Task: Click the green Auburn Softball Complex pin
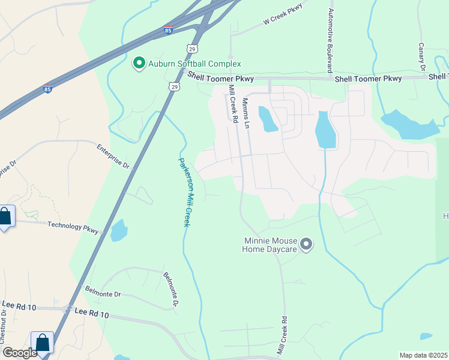(139, 63)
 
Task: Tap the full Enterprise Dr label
(113, 155)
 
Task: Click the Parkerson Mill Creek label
(184, 191)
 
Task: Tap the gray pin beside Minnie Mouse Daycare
(306, 244)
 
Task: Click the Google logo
(20, 353)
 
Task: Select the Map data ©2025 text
(423, 355)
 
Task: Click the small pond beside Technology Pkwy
(119, 230)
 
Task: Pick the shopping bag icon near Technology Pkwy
(5, 217)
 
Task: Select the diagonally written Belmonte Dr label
(170, 290)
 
